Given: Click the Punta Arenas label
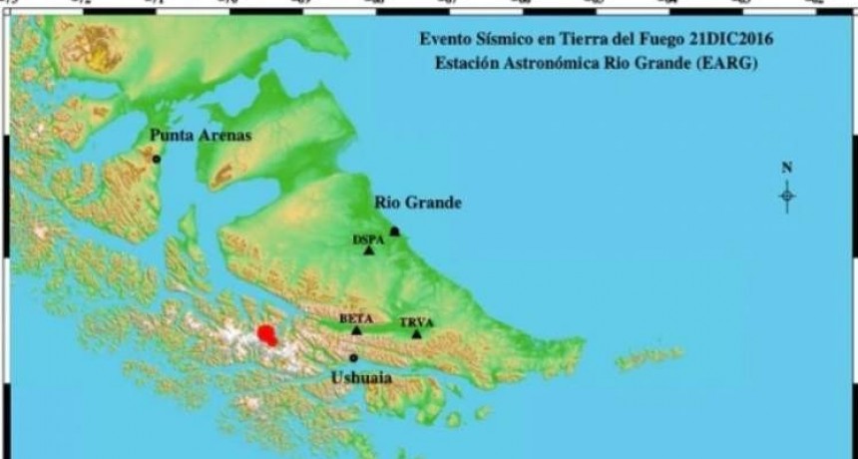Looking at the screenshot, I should click(x=201, y=136).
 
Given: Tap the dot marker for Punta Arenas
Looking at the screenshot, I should click(x=157, y=159).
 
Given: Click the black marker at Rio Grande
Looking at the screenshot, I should click(x=394, y=231).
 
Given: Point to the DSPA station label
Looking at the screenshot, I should click(x=368, y=239).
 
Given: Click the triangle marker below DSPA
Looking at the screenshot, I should click(x=369, y=250).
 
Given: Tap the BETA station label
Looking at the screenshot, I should click(x=356, y=318).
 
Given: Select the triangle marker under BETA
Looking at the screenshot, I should click(x=356, y=329).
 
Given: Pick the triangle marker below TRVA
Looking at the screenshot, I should click(x=416, y=333).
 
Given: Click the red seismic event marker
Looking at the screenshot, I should click(x=267, y=335).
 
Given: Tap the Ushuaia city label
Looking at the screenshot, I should click(x=360, y=378).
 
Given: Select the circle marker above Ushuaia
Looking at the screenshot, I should click(x=353, y=357).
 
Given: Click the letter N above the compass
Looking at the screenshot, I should click(x=787, y=168).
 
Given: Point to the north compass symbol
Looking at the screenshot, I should click(x=787, y=197).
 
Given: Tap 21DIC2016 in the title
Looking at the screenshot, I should click(x=734, y=40).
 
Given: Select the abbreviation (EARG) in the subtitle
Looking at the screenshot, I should click(x=729, y=64).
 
